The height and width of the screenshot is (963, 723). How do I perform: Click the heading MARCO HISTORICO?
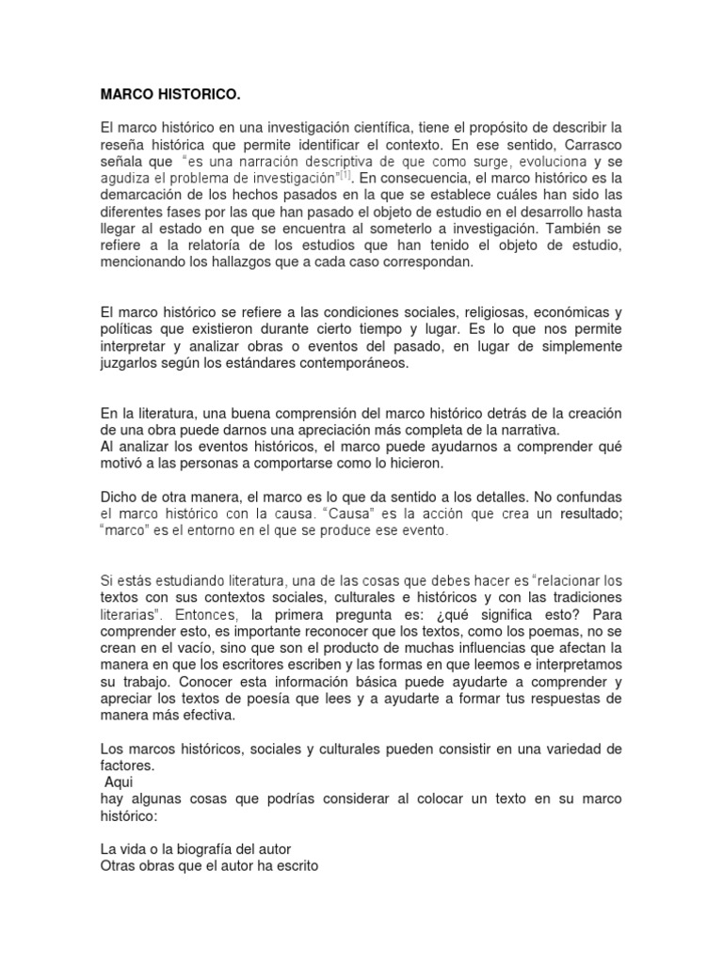[170, 95]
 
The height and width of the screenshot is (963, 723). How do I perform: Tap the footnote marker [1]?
[345, 174]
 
